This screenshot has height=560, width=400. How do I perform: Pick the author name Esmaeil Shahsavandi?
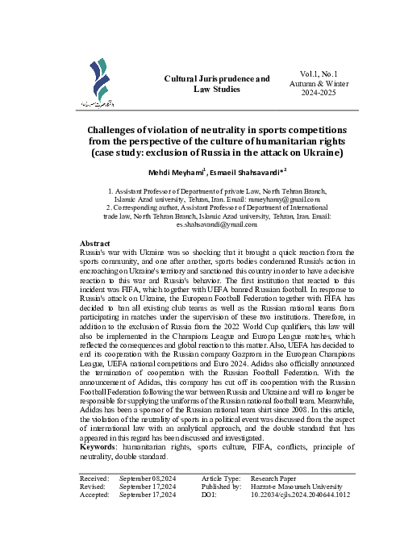(244, 171)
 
